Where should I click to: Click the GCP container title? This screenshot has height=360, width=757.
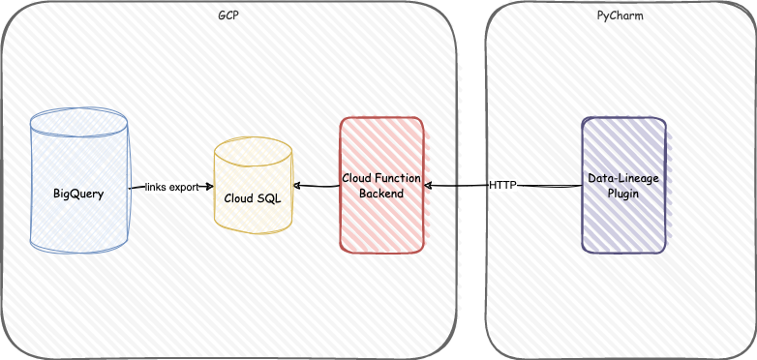[x=227, y=17]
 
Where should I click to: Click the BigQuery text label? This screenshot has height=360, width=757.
[x=78, y=193]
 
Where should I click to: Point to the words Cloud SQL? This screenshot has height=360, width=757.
[x=253, y=197]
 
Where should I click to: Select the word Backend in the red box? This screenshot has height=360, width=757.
[x=381, y=194]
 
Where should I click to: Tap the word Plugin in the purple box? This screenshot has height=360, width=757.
[x=623, y=194]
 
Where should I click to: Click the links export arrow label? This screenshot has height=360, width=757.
[x=171, y=187]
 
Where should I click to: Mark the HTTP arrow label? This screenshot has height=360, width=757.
[x=502, y=185]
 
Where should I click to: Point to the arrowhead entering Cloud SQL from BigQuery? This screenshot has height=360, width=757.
[x=209, y=187]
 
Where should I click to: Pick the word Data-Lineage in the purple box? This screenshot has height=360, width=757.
[x=623, y=179]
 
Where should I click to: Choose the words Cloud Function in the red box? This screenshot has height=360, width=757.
[x=381, y=179]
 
